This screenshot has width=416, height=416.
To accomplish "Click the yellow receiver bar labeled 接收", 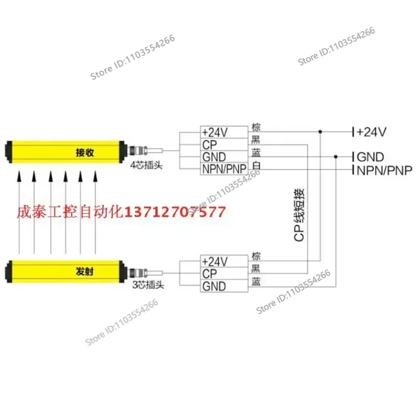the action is coord(66,152).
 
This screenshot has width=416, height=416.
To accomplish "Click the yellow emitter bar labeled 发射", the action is coord(66,271).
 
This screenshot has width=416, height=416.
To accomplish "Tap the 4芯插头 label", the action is coord(146,165).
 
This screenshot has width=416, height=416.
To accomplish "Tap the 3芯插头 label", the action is coord(148,284).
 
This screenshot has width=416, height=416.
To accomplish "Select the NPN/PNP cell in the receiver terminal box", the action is coord(224,169).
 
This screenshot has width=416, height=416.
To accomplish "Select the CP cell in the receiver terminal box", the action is coord(224,145).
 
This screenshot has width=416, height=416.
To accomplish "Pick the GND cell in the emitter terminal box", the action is coord(224,286).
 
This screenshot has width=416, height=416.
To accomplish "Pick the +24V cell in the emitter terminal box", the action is coord(224,262).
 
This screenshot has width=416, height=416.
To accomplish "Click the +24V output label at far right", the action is coord(371,132).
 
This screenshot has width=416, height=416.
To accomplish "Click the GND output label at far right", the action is coord(370,157).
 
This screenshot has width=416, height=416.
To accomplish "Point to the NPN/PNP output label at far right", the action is coord(384,171).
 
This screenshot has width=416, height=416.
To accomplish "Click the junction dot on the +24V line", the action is coord(320,132).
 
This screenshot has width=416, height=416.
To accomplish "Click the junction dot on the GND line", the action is coord(335,157).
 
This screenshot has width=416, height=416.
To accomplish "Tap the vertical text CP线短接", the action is coord(299,215).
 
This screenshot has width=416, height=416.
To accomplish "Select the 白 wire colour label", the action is coord(256,165).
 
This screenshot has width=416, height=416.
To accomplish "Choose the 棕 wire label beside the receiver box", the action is coord(256,127).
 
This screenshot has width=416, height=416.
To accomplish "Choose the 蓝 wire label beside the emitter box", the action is coord(256,281).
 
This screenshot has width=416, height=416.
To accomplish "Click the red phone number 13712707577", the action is coord(175,212).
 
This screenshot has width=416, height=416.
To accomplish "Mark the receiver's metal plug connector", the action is coord(137,150).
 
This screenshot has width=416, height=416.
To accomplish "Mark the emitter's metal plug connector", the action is coord(137,273).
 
